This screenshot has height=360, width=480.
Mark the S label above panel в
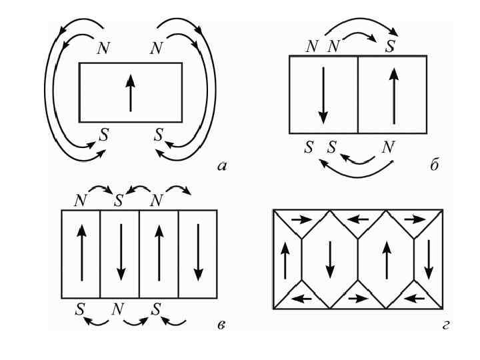(x=119, y=199)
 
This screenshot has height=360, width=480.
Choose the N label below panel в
(x=119, y=310)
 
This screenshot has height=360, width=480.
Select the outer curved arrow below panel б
(x=357, y=175)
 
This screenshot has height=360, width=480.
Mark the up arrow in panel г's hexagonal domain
(x=387, y=258)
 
